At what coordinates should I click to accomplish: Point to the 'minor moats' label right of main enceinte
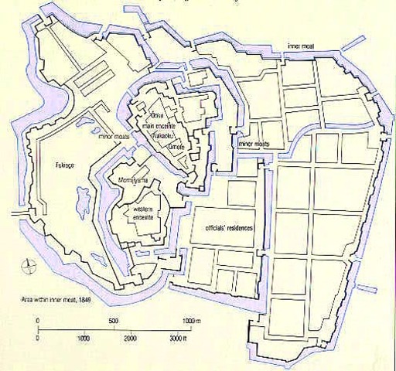pyautogui.click(x=258, y=144)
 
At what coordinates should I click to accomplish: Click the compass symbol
pyautogui.click(x=29, y=264)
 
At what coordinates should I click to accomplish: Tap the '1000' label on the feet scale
pyautogui.click(x=83, y=339)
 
